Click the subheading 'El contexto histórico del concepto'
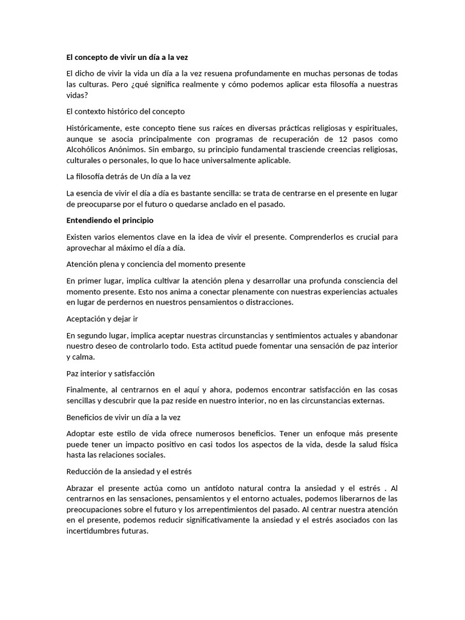pyautogui.click(x=125, y=111)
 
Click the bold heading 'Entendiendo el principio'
pyautogui.click(x=110, y=220)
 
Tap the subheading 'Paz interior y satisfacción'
pyautogui.click(x=110, y=373)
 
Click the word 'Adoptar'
pyautogui.click(x=81, y=434)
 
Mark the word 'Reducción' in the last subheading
pyautogui.click(x=85, y=471)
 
